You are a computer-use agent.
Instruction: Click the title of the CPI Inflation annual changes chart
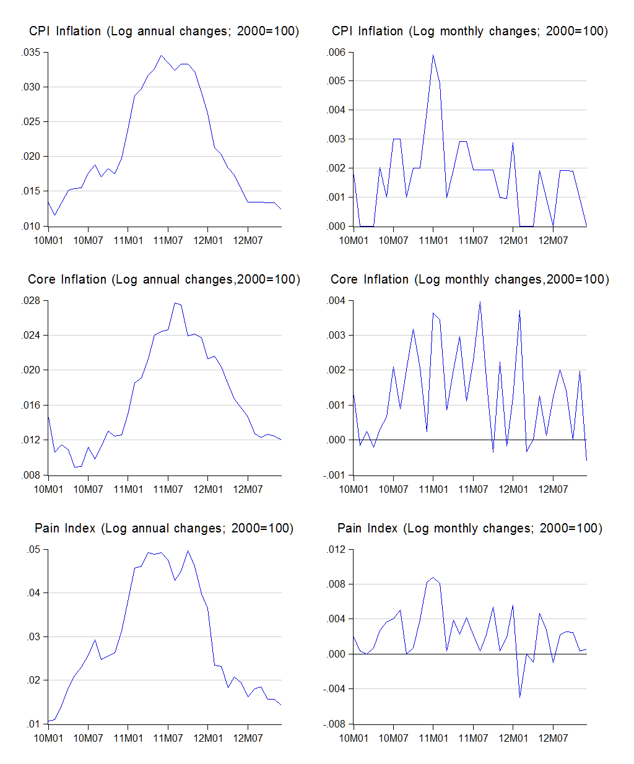click(164, 32)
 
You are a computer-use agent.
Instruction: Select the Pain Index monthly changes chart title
click(470, 528)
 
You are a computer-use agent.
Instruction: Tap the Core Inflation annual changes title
click(164, 280)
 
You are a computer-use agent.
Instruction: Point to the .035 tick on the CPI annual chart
click(31, 53)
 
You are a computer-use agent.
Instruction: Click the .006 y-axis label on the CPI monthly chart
click(336, 53)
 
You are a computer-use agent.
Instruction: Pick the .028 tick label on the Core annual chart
click(31, 301)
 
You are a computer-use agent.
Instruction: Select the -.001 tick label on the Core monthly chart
click(334, 475)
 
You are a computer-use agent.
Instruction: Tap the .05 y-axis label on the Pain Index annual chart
click(33, 550)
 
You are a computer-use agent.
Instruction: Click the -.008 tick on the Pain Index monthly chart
click(334, 724)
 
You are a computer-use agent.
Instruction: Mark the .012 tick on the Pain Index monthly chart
click(336, 550)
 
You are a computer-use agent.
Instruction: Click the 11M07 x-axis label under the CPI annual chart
click(168, 240)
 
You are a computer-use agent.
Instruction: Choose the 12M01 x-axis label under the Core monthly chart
click(513, 489)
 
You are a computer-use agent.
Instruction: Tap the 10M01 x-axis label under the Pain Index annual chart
click(48, 738)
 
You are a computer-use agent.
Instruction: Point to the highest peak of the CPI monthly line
click(433, 55)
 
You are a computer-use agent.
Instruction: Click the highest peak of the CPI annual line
click(162, 56)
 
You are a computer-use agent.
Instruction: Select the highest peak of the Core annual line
click(175, 303)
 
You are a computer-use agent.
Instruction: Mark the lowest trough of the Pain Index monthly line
click(520, 697)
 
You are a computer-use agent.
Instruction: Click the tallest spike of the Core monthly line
click(480, 302)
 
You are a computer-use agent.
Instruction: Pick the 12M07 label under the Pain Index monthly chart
click(553, 738)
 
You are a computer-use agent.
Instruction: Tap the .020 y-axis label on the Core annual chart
click(31, 370)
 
